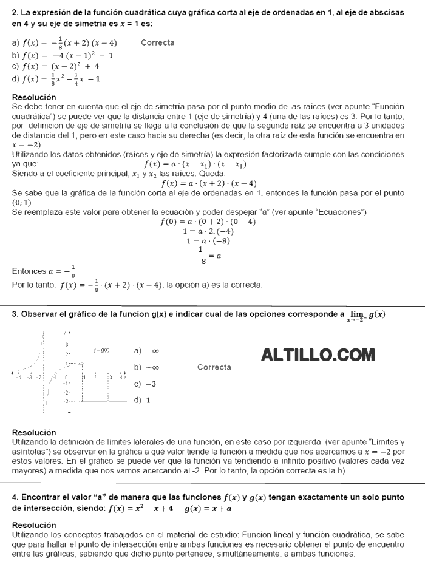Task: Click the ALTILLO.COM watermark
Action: point(318,354)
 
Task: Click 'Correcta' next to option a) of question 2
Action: point(157,42)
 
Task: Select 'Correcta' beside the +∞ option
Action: point(214,367)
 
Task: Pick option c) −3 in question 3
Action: point(145,384)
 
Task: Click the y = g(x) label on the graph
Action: point(101,350)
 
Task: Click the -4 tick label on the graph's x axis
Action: point(18,378)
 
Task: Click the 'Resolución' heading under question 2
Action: point(34,97)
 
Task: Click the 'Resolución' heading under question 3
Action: point(34,432)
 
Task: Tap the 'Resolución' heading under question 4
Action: point(34,525)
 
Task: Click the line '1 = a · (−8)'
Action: point(208,241)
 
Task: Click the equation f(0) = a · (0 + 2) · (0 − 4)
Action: point(208,222)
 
